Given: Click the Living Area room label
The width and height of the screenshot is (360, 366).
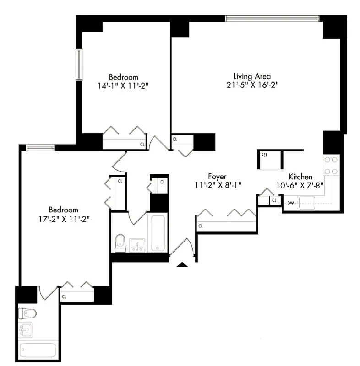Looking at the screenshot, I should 252,76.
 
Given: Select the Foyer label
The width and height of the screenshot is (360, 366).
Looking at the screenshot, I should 218,176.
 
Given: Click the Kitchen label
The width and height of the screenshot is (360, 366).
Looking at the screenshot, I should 300,177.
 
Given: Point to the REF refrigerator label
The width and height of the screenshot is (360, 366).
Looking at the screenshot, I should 264,155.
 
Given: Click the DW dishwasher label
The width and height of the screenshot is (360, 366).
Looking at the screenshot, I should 290,202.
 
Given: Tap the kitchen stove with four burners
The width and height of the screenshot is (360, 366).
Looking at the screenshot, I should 331,166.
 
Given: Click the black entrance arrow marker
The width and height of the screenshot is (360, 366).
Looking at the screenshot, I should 183,264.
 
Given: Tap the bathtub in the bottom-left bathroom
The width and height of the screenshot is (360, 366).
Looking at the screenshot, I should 38,350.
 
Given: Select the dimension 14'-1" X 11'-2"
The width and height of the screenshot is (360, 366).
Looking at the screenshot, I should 123,86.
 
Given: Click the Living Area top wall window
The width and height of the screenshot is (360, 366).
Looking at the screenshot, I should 272,18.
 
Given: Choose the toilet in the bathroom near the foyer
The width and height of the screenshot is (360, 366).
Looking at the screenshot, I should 120,243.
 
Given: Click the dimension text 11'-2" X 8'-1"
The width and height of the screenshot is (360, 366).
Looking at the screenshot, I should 218,185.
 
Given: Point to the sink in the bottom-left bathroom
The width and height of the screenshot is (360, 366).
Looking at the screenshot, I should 26,330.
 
